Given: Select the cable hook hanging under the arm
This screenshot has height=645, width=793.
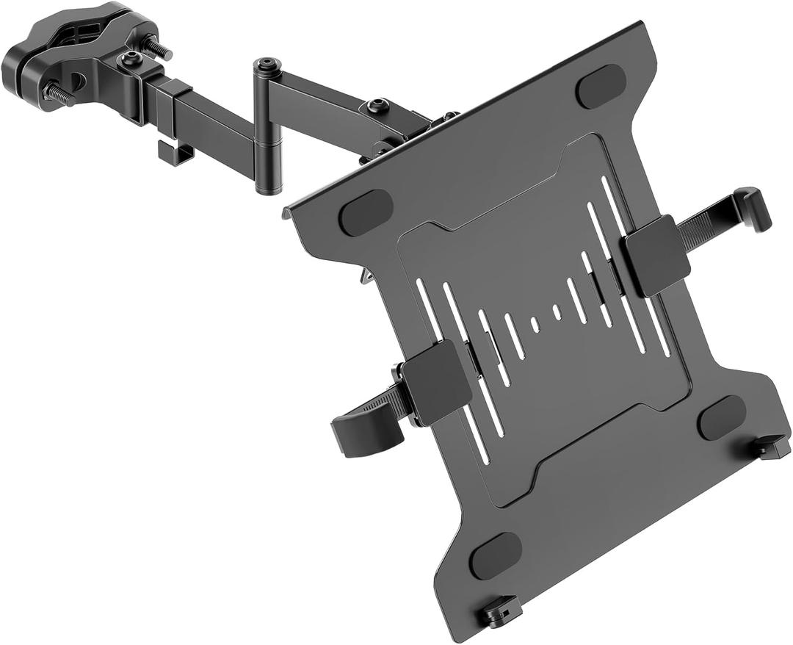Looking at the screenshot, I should (x=175, y=153).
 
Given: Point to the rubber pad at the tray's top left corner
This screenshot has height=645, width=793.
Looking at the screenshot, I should (x=366, y=213).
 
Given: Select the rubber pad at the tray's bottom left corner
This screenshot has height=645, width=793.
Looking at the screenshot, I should (x=496, y=555).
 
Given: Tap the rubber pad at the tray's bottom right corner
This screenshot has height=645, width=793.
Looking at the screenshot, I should (x=722, y=417).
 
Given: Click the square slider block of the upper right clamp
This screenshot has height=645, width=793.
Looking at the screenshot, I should (x=656, y=254).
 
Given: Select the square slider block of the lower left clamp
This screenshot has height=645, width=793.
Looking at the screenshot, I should (x=437, y=381).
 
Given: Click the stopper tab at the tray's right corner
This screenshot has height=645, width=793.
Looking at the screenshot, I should (x=771, y=446).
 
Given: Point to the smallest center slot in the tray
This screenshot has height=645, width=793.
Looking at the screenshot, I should (x=535, y=324).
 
